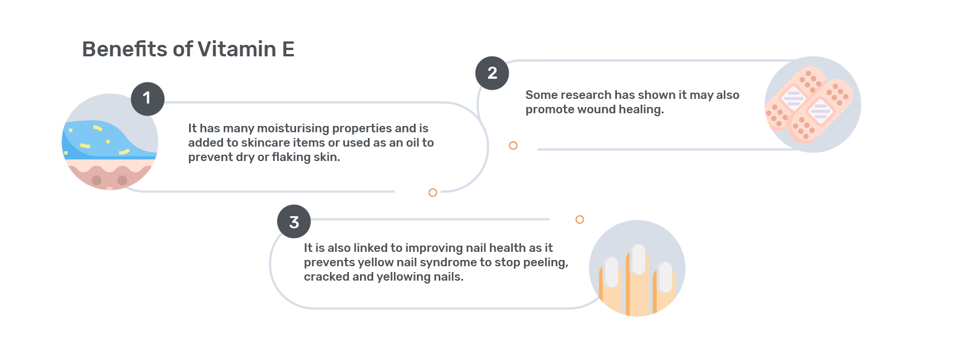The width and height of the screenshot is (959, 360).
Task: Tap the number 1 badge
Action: [x=148, y=99]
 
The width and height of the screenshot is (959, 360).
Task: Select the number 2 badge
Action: [x=492, y=73]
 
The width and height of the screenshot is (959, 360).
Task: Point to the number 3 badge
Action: [x=294, y=222]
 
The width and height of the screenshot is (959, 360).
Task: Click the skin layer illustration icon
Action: [x=110, y=141]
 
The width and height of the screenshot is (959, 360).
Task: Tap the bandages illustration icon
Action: [x=813, y=105]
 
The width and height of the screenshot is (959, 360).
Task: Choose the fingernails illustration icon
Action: [x=637, y=269]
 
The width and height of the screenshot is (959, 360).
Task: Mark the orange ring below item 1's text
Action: [x=433, y=193]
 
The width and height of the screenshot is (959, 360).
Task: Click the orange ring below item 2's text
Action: [x=513, y=145]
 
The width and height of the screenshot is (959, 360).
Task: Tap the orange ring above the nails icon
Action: [x=580, y=220]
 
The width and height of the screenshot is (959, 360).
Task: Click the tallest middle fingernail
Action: [x=638, y=259]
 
